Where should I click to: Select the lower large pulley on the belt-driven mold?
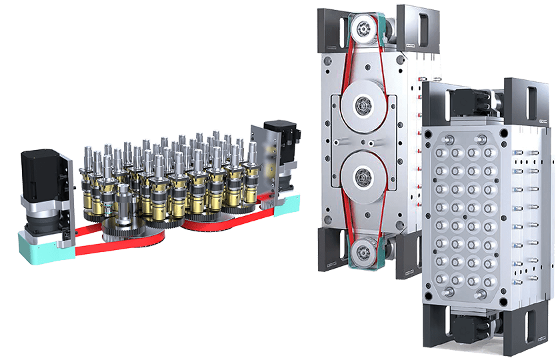pos(363,178)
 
